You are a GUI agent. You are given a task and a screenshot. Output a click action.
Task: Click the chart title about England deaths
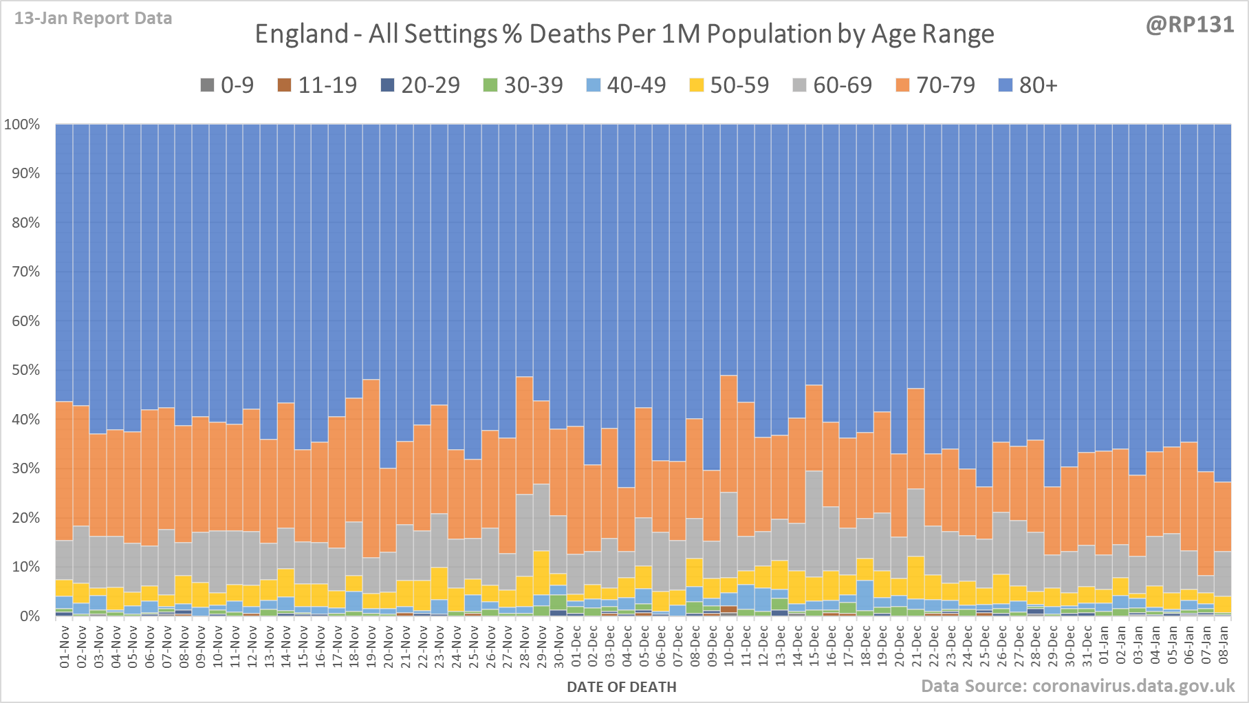pyautogui.click(x=624, y=34)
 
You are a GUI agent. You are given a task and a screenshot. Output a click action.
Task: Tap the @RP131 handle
pyautogui.click(x=1190, y=25)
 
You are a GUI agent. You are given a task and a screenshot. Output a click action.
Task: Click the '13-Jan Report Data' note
pyautogui.click(x=94, y=19)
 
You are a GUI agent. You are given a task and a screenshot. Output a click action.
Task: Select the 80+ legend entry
pyautogui.click(x=1028, y=85)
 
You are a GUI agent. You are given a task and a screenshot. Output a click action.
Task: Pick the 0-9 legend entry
pyautogui.click(x=227, y=85)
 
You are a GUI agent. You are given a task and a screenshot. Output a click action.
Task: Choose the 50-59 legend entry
pyautogui.click(x=729, y=85)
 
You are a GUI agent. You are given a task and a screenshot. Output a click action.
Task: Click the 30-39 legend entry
pyautogui.click(x=523, y=85)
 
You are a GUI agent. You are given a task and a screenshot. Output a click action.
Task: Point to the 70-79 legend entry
pyautogui.click(x=935, y=85)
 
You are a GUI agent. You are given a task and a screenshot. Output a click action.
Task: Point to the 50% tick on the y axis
pyautogui.click(x=25, y=370)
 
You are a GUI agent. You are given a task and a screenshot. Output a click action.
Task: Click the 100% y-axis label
pyautogui.click(x=22, y=125)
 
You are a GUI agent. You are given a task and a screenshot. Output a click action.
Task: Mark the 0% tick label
pyautogui.click(x=29, y=616)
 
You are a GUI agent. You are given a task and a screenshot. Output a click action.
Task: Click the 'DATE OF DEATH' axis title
pyautogui.click(x=622, y=687)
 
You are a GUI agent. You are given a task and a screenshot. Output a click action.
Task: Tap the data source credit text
pyautogui.click(x=1078, y=686)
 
